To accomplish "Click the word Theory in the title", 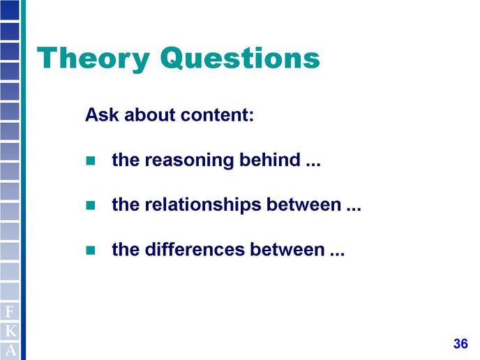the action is point(93,59).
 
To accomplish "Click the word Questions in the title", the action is point(240,58).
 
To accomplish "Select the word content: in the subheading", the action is point(218,115).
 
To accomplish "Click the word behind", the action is point(270,160).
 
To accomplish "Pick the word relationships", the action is point(202,205).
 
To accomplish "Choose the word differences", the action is point(195,249).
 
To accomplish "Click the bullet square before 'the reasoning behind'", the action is point(91,160).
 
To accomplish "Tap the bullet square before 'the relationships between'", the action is point(91,205).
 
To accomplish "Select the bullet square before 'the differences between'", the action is point(91,250).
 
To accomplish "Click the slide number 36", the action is point(460,344).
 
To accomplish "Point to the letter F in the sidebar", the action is point(10,312).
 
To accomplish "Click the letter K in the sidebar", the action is point(10,331).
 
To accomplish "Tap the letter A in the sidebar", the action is point(10,350).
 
